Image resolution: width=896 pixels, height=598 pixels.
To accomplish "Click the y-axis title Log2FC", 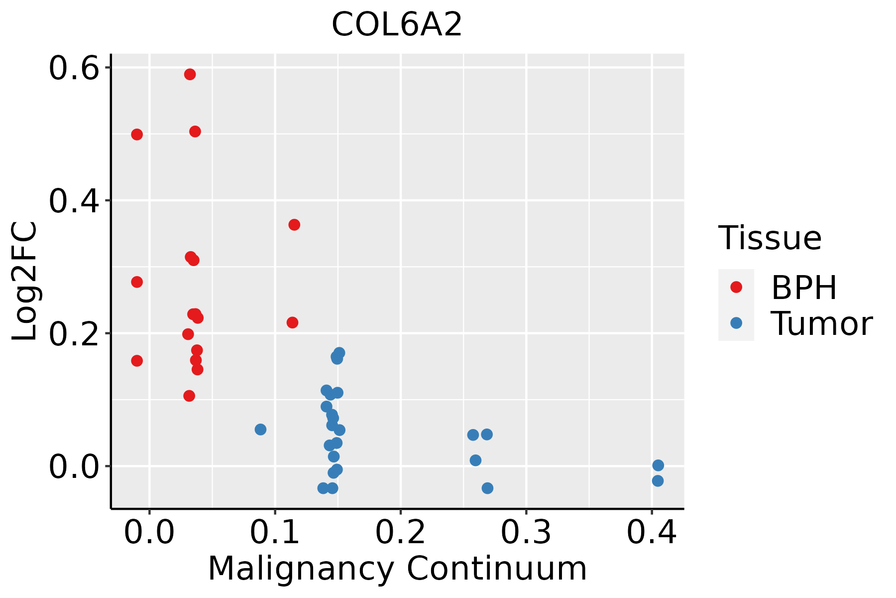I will click(25, 282).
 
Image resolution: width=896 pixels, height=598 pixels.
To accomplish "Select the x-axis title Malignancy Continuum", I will click(397, 569).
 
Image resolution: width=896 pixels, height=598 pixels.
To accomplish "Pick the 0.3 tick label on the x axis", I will click(526, 532).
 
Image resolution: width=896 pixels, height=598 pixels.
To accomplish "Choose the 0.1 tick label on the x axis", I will click(275, 532).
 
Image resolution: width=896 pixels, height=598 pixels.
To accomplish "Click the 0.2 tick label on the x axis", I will click(400, 532).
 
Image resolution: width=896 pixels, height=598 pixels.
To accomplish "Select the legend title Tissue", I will click(770, 238).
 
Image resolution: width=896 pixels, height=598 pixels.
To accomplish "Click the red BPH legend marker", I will click(736, 287).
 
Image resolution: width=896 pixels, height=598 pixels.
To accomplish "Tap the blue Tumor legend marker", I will click(736, 323).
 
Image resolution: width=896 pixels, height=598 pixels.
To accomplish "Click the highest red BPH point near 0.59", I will click(190, 74).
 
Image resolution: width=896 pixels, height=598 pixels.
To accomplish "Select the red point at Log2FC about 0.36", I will click(294, 225).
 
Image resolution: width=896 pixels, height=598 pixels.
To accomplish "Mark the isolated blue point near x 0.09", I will click(260, 430).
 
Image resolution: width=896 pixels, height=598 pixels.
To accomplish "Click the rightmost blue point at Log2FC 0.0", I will click(658, 465).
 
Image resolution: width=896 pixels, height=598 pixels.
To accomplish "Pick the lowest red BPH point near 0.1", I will click(189, 396).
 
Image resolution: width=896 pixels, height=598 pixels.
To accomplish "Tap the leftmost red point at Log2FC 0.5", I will click(137, 135).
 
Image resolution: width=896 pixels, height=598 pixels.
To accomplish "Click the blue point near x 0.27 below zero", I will click(487, 488).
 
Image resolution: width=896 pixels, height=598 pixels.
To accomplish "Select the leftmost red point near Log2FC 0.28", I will click(137, 282).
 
